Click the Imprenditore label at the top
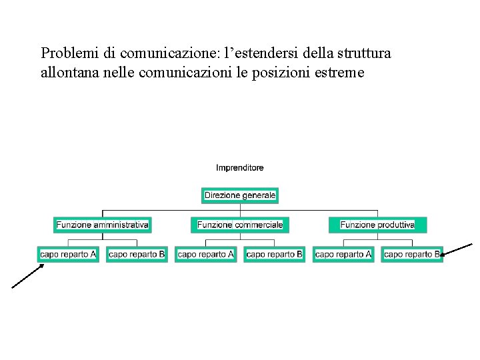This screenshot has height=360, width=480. pos(239,168)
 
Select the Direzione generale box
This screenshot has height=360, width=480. pos(240,196)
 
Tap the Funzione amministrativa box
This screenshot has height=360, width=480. pos(102,225)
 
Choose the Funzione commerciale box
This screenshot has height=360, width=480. pos(240,225)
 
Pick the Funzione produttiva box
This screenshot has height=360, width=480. pos(377,225)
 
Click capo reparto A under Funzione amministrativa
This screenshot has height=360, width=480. pos(68,255)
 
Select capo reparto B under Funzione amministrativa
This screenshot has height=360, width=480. pos(137,255)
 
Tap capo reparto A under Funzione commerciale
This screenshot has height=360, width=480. pos(206,255)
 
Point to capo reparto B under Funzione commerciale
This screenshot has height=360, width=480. pos(274,255)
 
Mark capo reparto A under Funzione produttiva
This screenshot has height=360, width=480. pos(343,255)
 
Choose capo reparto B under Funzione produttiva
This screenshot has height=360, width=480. pos(412,255)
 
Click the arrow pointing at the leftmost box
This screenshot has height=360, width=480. pos(27,275)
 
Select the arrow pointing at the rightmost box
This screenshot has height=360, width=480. pos(457,249)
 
